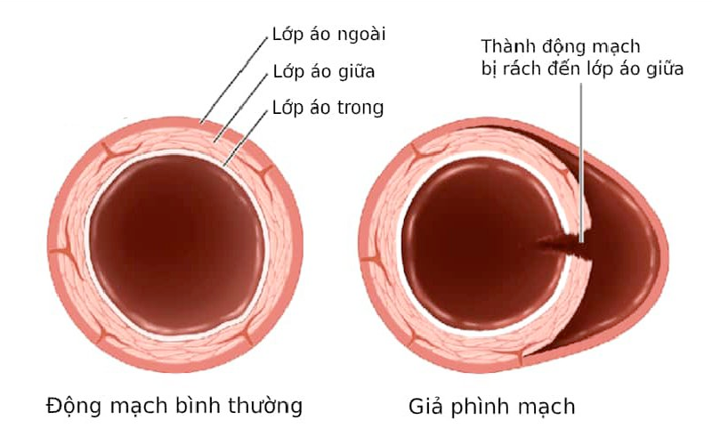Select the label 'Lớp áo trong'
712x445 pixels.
tap(327, 109)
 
